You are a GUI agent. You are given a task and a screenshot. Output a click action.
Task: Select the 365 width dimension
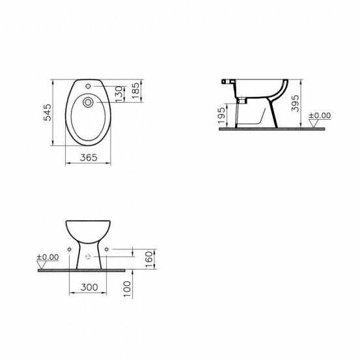(x=88, y=157)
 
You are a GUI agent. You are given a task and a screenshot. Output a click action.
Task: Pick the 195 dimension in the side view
(x=222, y=117)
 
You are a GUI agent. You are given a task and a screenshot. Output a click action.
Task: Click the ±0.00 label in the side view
(x=319, y=115)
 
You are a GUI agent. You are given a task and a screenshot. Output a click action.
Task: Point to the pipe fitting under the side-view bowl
(x=240, y=101)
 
